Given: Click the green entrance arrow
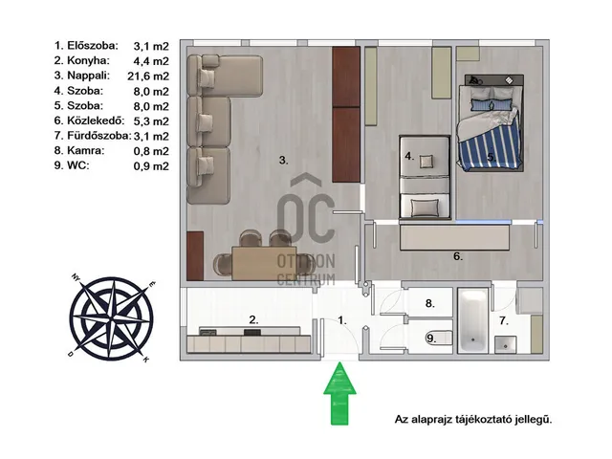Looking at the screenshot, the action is [339, 393].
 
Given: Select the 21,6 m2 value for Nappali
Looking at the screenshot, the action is [148, 76].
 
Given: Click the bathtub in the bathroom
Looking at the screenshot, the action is [472, 321].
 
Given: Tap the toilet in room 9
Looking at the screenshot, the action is [438, 338].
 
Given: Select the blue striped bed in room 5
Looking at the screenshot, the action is [491, 123].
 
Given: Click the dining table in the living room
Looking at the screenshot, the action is [264, 263].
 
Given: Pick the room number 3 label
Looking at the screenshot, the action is [284, 160].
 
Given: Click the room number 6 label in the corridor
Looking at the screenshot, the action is [458, 256].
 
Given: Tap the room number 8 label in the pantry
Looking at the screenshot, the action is [429, 303].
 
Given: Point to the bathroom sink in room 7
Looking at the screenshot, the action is [506, 345].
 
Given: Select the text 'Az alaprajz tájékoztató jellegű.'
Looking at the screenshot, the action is [473, 420].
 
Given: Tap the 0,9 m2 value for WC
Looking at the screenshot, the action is [151, 165].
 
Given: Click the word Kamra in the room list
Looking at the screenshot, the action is [85, 150].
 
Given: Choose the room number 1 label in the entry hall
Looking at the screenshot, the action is [342, 320].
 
